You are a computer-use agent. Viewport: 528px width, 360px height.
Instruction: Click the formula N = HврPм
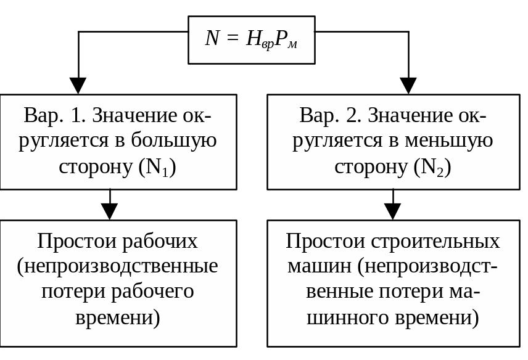(251, 39)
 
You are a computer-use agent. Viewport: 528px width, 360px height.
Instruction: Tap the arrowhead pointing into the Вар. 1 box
(78, 86)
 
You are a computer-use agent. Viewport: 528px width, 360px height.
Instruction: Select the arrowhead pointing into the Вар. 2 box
(408, 86)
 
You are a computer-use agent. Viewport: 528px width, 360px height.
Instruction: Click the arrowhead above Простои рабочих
(109, 211)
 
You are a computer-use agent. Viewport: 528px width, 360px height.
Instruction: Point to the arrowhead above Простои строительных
(393, 211)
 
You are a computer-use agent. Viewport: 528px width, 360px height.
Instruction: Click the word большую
(174, 141)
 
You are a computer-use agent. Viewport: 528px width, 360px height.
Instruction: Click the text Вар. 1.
(55, 115)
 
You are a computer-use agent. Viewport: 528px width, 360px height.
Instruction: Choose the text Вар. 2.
(331, 115)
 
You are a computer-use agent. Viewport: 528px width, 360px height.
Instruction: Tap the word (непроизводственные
(118, 267)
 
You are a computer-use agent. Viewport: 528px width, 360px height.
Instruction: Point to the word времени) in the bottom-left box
(118, 318)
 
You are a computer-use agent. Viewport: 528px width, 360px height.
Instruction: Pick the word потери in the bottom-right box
(405, 292)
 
